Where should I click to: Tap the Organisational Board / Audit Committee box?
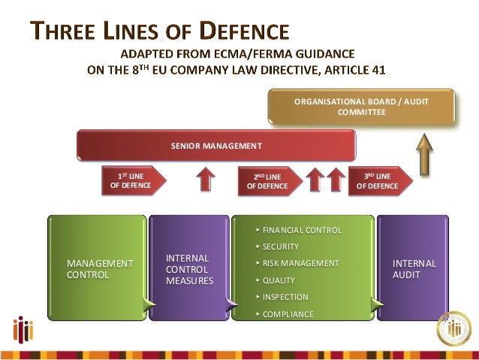coord(362,107)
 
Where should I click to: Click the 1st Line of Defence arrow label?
coord(132,181)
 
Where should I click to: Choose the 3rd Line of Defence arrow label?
coord(379,181)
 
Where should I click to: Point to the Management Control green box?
coord(98,268)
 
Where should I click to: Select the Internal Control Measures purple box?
coord(189,268)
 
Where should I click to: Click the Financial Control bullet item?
coord(301,230)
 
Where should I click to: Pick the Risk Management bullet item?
coord(300,264)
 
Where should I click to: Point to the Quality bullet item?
coord(279,280)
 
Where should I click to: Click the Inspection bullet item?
coord(284,297)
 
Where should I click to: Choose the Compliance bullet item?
coord(288,314)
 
